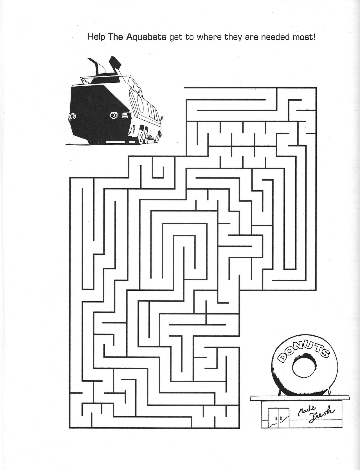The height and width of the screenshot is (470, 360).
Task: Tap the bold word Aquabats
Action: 147,37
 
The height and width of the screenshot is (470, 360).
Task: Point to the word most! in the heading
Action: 304,37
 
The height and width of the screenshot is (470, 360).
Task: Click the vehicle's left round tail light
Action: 72,116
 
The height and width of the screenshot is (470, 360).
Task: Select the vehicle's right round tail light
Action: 114,115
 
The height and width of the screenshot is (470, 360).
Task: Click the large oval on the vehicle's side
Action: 141,103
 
